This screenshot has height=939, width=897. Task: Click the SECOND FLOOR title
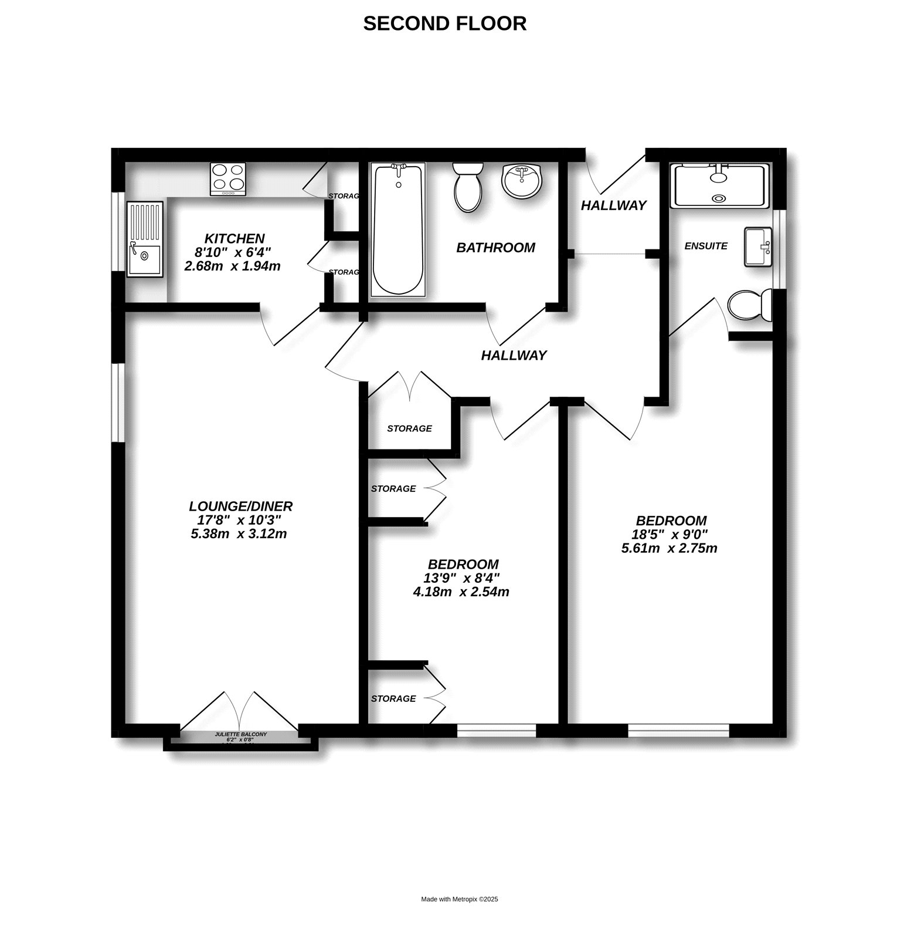(445, 23)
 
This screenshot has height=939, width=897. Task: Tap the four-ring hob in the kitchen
(229, 178)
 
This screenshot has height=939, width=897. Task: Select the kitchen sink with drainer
(144, 238)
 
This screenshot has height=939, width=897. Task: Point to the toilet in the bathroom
(467, 187)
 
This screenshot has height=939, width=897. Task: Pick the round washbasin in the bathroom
(524, 180)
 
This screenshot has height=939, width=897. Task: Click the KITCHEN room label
(235, 239)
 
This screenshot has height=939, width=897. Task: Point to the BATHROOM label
(495, 248)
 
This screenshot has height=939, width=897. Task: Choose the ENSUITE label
(706, 246)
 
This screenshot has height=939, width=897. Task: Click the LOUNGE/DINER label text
(240, 506)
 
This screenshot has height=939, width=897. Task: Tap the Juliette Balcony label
(240, 734)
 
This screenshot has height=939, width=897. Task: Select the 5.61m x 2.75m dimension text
(669, 549)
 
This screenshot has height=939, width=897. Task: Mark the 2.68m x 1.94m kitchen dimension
(232, 266)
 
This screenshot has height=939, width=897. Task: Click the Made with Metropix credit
(460, 899)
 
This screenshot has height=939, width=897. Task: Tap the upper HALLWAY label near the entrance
(613, 205)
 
